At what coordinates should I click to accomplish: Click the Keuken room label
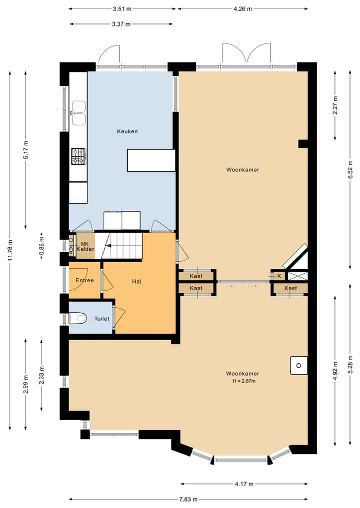tap(127, 131)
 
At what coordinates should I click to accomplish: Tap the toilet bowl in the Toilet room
tap(78, 318)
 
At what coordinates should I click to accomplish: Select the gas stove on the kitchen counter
tap(79, 156)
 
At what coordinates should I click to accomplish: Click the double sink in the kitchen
tap(78, 113)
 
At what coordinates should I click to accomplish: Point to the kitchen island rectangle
tap(151, 160)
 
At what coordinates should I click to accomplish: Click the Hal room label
tap(136, 282)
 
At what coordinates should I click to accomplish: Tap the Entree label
tap(84, 280)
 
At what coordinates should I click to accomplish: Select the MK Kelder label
tap(85, 247)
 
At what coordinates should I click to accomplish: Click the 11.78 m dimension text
tap(10, 250)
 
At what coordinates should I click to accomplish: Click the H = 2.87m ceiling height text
tap(244, 381)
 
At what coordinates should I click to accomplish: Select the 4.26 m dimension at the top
tap(242, 9)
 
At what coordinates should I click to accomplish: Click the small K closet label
tap(279, 276)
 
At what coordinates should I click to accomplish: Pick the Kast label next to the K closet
tap(290, 288)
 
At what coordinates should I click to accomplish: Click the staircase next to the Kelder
tap(122, 246)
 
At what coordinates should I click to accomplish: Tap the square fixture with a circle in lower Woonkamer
tap(298, 366)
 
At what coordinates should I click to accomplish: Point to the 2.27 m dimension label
tap(335, 105)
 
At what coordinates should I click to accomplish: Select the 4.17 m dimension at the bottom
tap(244, 484)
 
